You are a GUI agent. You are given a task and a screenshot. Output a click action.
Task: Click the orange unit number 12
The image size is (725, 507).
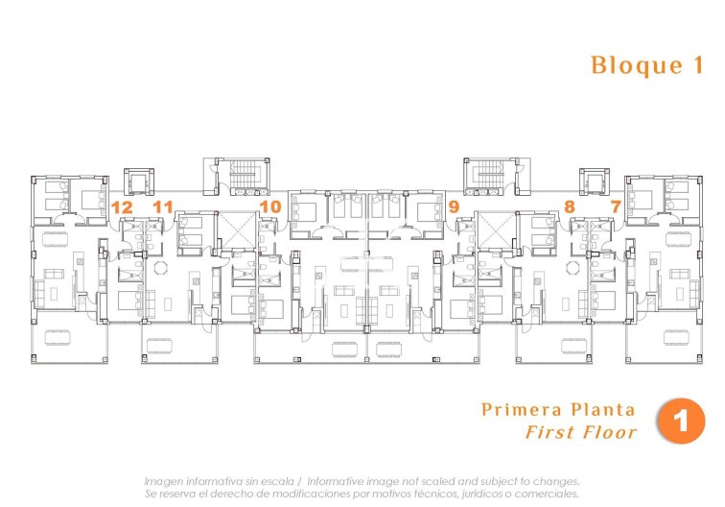(121, 206)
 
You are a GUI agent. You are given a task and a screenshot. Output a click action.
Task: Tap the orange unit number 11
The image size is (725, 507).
(162, 206)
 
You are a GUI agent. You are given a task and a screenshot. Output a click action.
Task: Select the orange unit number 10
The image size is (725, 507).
(269, 206)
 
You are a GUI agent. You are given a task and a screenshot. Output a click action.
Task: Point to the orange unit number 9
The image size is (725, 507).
(453, 206)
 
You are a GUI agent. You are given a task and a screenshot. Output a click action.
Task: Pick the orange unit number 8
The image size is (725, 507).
(569, 206)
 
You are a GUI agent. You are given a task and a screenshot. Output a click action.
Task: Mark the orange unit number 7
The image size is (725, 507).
(615, 206)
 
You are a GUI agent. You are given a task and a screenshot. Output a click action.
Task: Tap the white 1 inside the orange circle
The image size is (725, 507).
(683, 422)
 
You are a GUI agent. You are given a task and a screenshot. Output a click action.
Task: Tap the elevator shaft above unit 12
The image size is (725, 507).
(140, 181)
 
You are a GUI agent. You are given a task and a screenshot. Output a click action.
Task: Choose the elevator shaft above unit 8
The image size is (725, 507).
(596, 181)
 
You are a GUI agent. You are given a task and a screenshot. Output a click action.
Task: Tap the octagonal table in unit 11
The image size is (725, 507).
(160, 268)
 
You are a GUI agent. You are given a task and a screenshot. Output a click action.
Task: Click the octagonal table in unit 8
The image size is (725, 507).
(573, 268)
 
